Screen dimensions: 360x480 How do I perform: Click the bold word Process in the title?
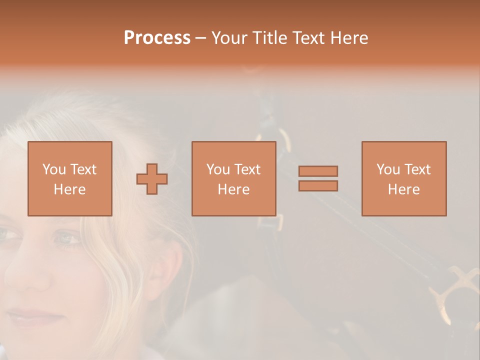pos(157,38)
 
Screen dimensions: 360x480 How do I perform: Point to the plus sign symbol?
pos(152,179)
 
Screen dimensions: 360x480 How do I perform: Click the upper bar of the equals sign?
pos(318,171)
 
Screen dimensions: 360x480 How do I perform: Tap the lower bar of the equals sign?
pos(318,185)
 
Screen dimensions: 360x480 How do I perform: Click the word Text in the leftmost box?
pos(83,169)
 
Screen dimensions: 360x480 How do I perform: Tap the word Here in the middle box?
pos(233,189)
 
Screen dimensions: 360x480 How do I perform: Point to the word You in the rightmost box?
pos(388,169)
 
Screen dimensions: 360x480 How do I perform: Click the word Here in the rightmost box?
pos(403,189)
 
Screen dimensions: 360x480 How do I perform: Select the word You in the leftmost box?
pos(54,169)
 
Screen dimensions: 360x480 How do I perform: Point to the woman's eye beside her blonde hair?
pos(67,238)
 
